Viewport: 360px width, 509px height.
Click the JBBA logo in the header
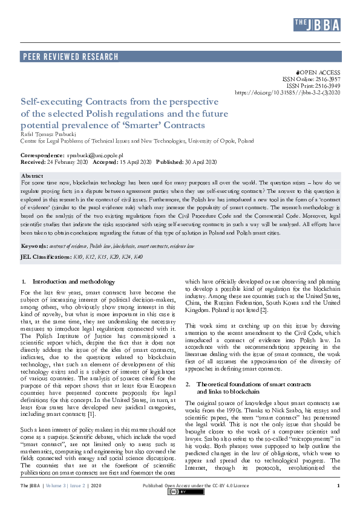coord(316,24)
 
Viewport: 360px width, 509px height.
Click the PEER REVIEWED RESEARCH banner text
coord(70,57)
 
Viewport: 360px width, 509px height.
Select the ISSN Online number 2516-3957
coord(327,79)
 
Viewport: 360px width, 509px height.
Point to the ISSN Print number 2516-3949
coord(327,86)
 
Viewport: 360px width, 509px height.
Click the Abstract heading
coord(33,175)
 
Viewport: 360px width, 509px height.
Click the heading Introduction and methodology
coord(73,282)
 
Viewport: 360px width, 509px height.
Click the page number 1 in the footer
coord(338,486)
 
